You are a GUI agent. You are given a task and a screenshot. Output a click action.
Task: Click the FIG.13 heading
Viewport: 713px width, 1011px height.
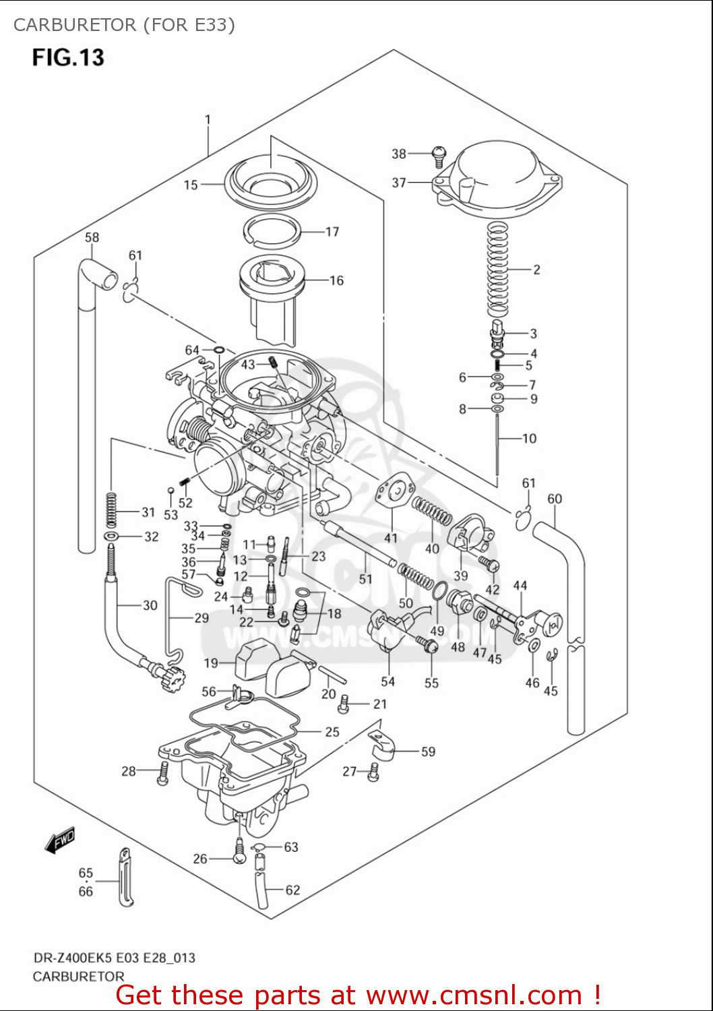point(68,57)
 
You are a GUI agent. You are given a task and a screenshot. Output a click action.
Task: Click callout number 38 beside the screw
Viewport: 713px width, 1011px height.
point(399,154)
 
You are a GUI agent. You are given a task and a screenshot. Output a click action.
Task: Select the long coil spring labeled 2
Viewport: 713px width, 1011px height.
point(497,270)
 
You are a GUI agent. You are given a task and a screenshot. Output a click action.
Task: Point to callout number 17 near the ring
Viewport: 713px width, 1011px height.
point(332,232)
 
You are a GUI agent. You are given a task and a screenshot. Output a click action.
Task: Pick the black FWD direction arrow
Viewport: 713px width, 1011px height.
point(59,840)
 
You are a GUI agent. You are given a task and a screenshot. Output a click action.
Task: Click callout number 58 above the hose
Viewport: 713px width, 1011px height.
point(92,237)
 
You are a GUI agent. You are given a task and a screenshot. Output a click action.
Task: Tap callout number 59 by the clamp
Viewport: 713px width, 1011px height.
point(428,752)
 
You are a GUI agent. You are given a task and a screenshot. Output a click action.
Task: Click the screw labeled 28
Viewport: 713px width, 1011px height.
point(162,773)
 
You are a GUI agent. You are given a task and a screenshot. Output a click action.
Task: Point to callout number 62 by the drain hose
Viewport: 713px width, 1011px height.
point(292,890)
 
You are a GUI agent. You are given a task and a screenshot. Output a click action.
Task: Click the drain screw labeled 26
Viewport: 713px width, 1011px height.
point(239,852)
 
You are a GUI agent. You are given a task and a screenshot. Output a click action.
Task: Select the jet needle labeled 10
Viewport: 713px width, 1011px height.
point(497,445)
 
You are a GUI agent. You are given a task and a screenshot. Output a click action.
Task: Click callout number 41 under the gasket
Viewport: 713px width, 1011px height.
point(391,538)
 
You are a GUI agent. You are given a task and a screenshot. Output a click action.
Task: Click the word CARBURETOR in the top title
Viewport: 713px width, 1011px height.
point(75,25)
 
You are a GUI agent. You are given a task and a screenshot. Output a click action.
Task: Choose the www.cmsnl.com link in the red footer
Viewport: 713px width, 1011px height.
point(474,995)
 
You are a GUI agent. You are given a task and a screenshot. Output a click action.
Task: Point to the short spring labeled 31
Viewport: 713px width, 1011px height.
point(111,510)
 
